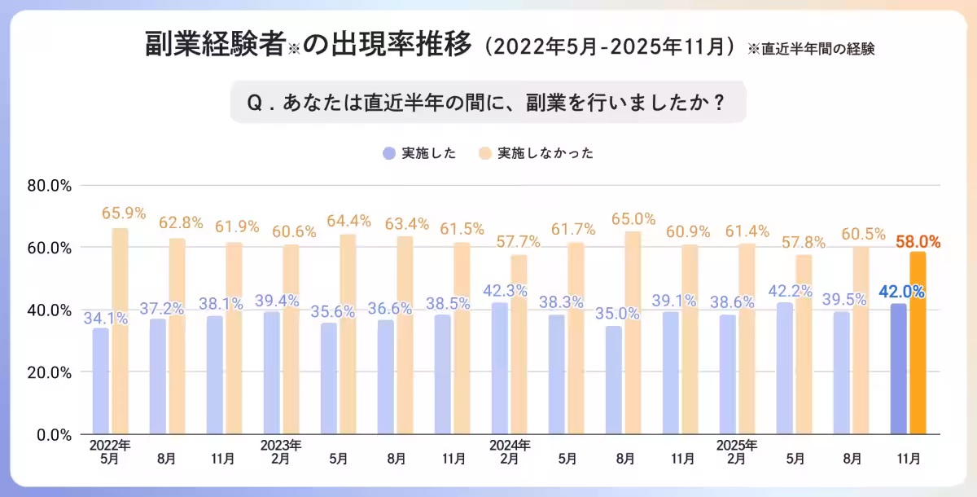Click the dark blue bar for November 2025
tap(898, 368)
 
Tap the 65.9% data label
tap(124, 213)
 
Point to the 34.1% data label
tap(105, 318)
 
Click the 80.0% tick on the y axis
tap(50, 186)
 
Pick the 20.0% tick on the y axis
tap(50, 372)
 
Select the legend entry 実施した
tap(420, 153)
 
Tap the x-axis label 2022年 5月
tap(110, 452)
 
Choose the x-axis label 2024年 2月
tap(510, 452)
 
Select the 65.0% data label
tap(633, 218)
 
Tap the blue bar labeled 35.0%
tap(613, 380)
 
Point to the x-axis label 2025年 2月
tap(738, 452)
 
